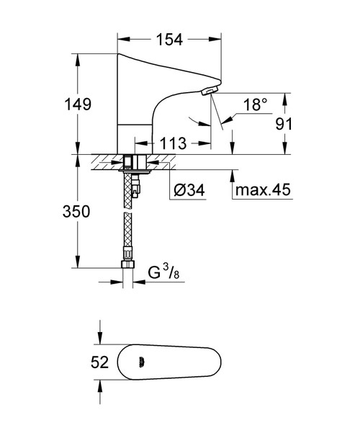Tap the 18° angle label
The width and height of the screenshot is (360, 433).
coord(254,105)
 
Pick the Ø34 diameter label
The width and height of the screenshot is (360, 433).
coord(189,192)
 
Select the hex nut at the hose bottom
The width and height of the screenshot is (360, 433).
coord(128,265)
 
